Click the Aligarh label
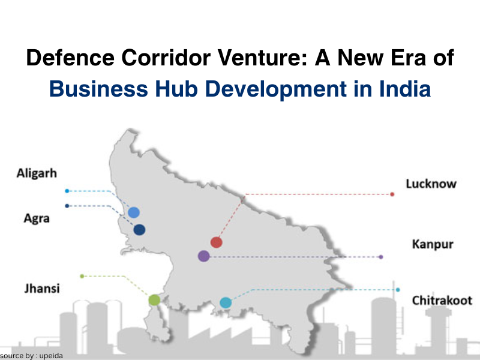pos(37,173)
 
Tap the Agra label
pos(37,218)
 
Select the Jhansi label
pos(42,289)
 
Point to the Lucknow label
pos(431,184)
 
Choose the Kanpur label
pos(433,244)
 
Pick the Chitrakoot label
pos(442,301)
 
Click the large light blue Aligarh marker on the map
pos(134,212)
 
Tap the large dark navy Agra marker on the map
pos(139,230)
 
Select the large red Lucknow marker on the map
pos(217,242)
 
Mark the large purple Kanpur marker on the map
pos(204,256)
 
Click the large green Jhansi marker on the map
pos(154,300)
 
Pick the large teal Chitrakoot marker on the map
pos(226,303)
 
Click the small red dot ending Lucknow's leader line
pos(392,194)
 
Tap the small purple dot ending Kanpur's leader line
pos(381,257)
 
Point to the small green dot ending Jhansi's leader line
pos(82,276)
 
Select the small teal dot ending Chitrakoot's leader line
pos(398,290)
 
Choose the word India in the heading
pos(405,89)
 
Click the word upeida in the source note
pos(51,356)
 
